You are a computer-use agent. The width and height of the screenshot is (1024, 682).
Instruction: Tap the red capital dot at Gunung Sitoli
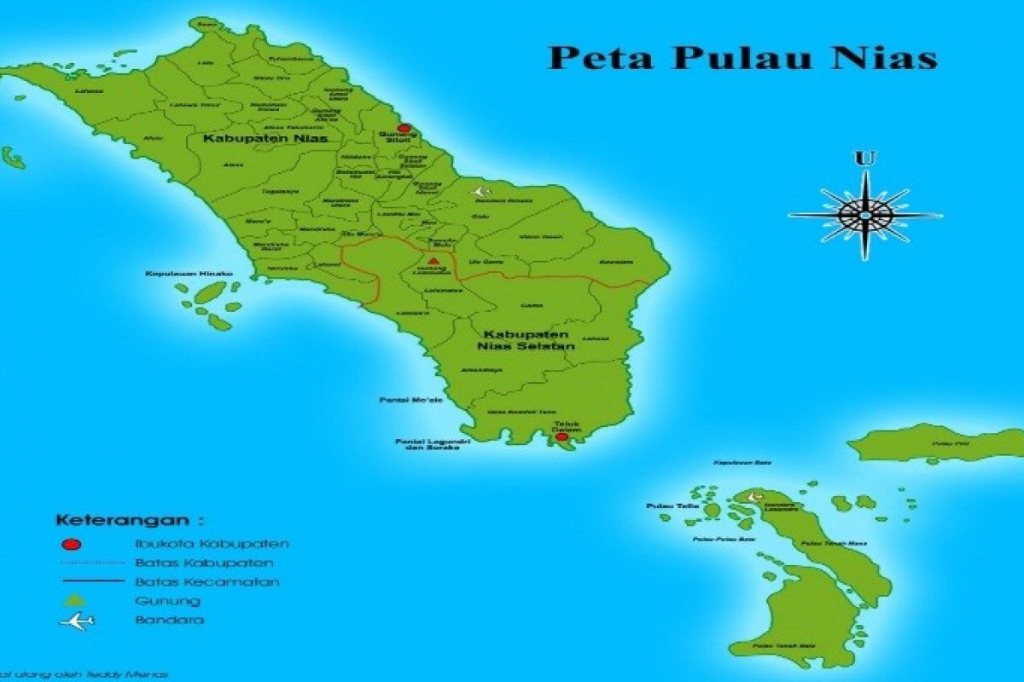(x=404, y=130)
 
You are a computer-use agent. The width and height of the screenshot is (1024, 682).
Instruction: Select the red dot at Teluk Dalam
(x=561, y=436)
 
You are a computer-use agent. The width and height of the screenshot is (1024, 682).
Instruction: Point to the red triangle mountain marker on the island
(x=433, y=261)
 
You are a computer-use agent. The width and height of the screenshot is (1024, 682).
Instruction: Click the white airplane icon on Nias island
(x=480, y=192)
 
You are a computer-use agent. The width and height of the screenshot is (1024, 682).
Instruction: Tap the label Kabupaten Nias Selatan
(x=527, y=340)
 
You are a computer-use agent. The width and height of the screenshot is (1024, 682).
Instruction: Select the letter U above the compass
(x=864, y=159)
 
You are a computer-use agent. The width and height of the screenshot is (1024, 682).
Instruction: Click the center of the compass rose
(x=864, y=216)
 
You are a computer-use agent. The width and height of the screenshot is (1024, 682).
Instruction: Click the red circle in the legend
(x=72, y=544)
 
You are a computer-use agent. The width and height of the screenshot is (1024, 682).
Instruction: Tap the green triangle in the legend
(x=72, y=602)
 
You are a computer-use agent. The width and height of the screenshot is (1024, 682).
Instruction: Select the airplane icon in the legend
(x=76, y=621)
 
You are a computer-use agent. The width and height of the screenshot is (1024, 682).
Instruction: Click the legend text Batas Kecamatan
(x=207, y=582)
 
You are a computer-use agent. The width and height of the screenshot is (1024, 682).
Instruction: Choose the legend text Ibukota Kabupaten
(x=212, y=543)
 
